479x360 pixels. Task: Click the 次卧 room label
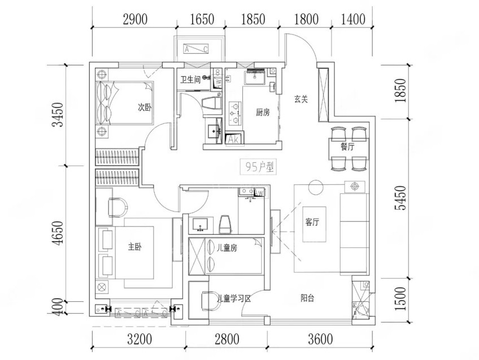pyautogui.click(x=145, y=107)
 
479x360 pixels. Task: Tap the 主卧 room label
pyautogui.click(x=134, y=247)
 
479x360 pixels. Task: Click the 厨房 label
pyautogui.click(x=263, y=112)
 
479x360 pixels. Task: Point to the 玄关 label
pyautogui.click(x=301, y=98)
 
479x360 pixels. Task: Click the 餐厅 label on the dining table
pyautogui.click(x=347, y=146)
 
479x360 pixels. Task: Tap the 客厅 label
pyautogui.click(x=313, y=222)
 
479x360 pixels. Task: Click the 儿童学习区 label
pyautogui.click(x=233, y=299)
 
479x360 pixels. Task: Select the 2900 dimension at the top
pyautogui.click(x=135, y=19)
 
